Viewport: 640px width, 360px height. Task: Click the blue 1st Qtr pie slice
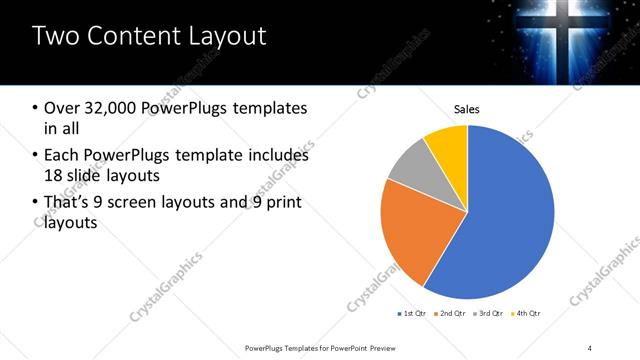(x=510, y=220)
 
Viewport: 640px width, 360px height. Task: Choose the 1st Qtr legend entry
(x=412, y=314)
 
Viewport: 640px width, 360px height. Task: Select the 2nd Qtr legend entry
(x=452, y=314)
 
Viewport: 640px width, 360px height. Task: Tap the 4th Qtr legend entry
(x=527, y=314)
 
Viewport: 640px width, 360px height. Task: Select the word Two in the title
(x=58, y=37)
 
